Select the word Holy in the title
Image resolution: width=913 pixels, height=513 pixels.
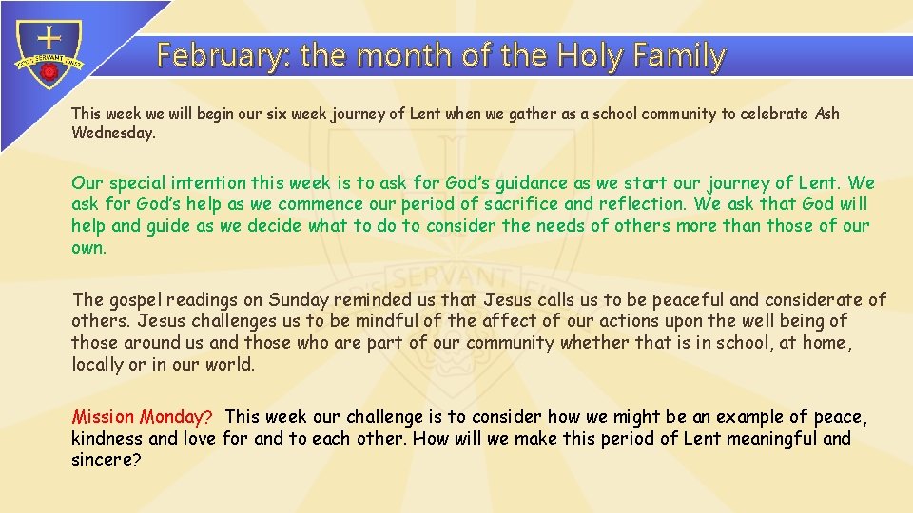(588, 56)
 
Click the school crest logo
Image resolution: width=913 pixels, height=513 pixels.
(49, 57)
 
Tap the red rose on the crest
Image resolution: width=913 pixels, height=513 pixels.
(49, 72)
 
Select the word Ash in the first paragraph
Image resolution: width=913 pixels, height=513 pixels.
(827, 113)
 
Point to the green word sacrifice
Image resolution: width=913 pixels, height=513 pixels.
(522, 204)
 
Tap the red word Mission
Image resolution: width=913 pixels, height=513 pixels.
(104, 417)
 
